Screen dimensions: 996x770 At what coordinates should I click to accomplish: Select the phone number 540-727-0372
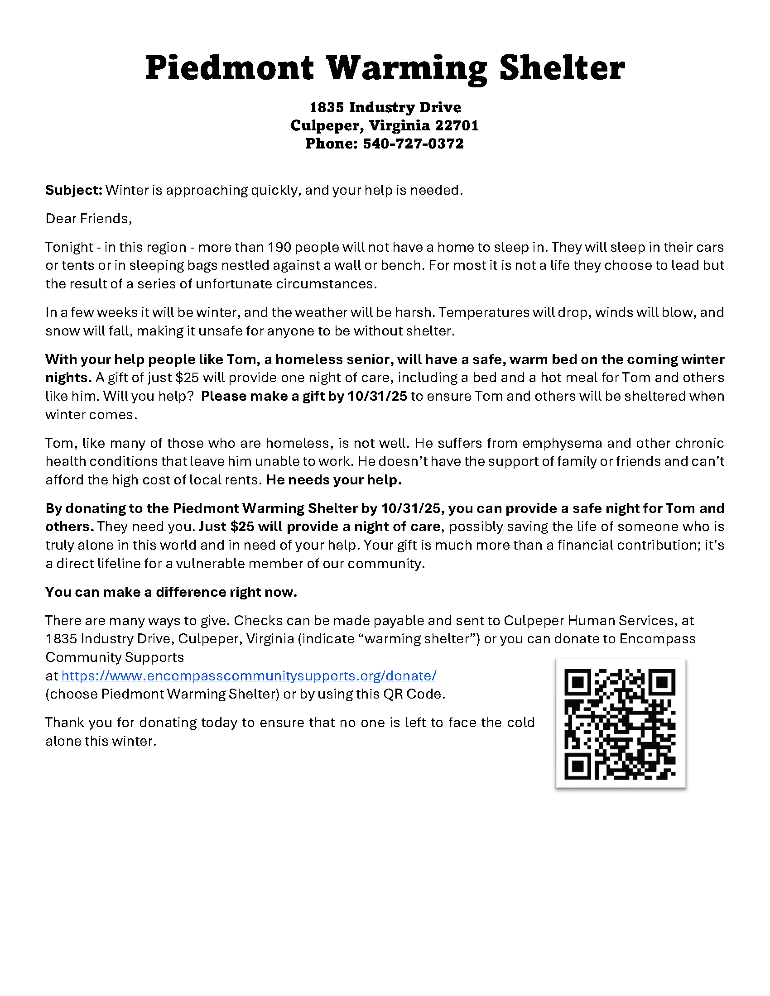coord(413,144)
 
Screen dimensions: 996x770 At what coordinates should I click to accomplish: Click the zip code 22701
coord(457,125)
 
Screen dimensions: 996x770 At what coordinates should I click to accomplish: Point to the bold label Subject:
coord(74,190)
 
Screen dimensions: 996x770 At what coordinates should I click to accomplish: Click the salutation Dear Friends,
coord(88,219)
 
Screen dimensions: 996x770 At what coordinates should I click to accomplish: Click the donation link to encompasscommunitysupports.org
coord(249,675)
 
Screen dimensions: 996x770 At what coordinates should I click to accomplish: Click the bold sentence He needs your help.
coord(334,480)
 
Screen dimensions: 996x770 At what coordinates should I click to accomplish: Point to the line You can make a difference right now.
coord(171,592)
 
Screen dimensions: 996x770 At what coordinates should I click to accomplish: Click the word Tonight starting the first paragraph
coord(69,247)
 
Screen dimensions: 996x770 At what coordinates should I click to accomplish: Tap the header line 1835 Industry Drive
coord(385,108)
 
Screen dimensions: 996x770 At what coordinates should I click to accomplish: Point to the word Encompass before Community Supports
coord(657,639)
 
